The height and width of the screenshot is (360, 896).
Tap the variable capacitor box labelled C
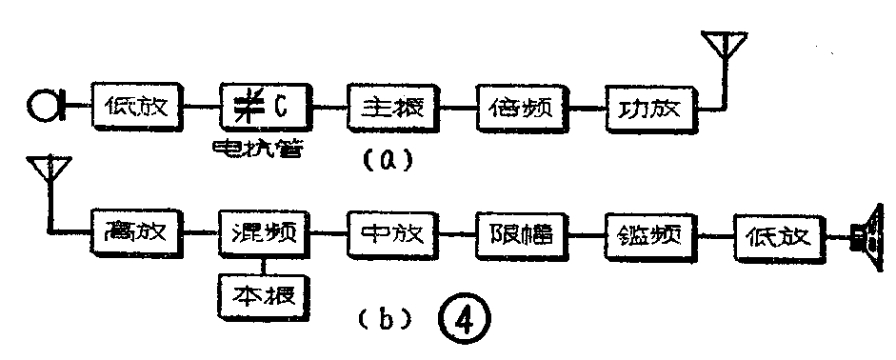click(x=266, y=105)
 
